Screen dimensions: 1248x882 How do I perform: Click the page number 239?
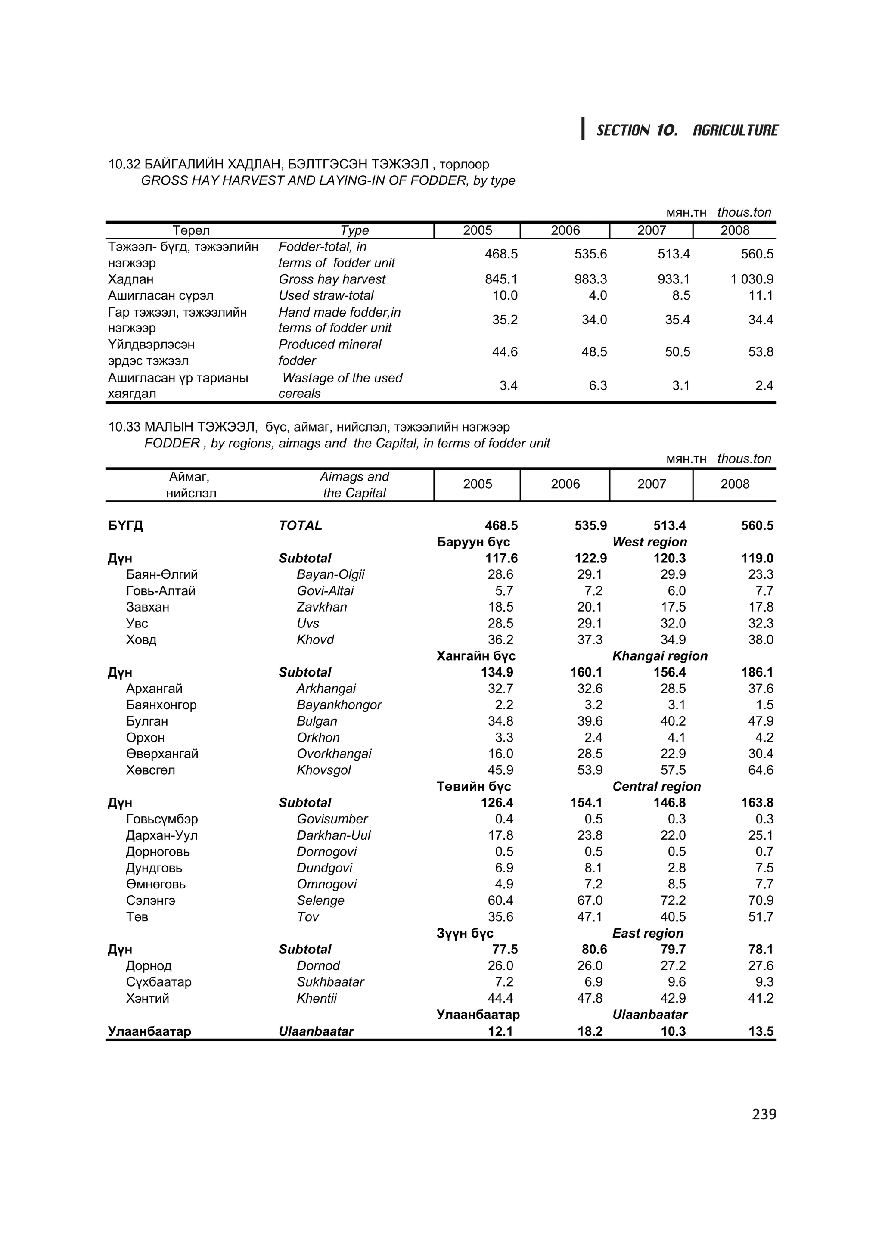(764, 1115)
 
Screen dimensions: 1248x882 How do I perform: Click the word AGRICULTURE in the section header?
(735, 130)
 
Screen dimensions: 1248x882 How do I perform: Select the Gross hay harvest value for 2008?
(752, 279)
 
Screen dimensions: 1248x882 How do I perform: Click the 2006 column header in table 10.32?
(565, 230)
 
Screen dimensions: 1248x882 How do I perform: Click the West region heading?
(649, 542)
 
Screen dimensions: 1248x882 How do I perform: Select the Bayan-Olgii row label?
(330, 574)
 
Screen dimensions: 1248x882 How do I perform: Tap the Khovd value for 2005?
(500, 640)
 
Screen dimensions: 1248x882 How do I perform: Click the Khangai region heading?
(660, 656)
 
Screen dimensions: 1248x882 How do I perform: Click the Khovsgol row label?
(323, 770)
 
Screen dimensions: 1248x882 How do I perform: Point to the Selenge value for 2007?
(673, 900)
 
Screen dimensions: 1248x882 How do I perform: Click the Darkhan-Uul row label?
(333, 835)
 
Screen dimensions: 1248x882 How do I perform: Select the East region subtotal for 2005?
(505, 950)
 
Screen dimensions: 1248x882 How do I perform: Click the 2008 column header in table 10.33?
(735, 484)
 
